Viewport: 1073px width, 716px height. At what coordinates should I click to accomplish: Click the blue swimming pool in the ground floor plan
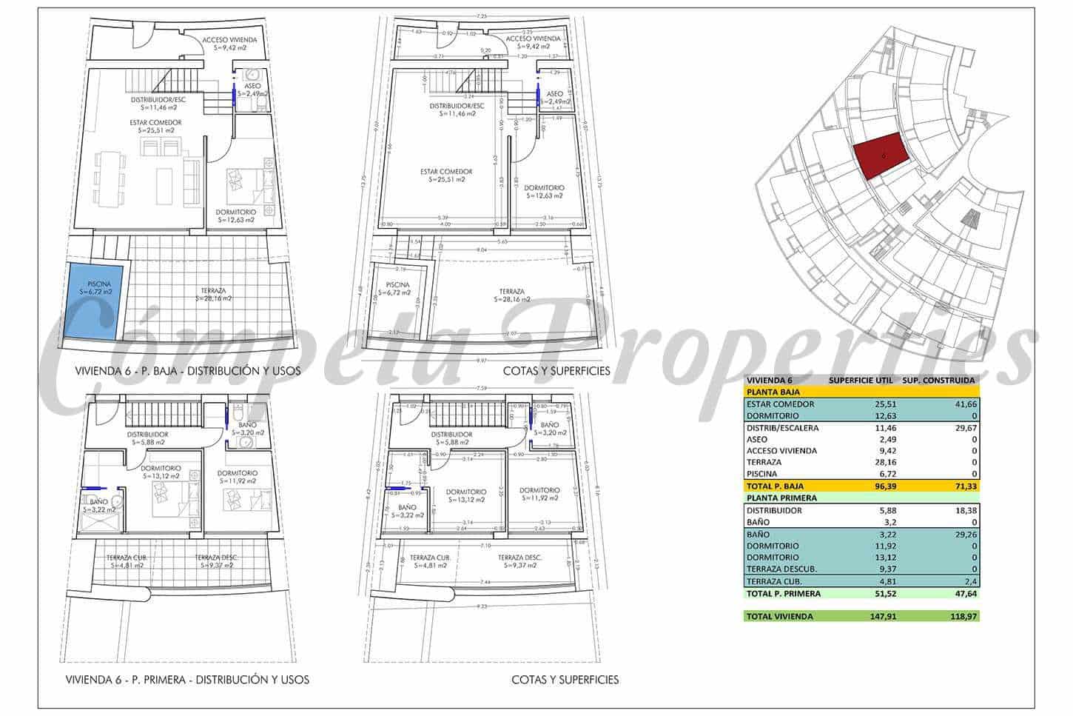coord(92,300)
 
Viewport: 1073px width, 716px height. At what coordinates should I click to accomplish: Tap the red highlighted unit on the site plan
coord(881,155)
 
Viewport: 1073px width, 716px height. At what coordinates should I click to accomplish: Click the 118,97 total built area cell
coord(960,616)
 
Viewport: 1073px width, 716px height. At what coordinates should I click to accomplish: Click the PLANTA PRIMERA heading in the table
coord(781,498)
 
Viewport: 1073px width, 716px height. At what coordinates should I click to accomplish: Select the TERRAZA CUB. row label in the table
coord(775,581)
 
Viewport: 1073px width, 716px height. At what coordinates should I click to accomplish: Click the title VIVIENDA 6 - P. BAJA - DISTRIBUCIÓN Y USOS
coord(188,370)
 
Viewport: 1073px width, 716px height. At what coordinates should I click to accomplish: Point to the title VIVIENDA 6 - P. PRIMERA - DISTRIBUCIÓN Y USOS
coord(187,679)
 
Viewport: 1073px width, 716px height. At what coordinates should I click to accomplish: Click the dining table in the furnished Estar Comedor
coord(109,178)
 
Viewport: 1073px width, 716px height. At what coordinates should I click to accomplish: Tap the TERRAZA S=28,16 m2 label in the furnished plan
coord(213,295)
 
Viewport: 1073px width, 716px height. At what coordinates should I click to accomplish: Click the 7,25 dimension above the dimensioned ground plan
coord(482,16)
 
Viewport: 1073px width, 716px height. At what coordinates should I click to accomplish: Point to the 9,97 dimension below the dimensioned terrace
coord(482,360)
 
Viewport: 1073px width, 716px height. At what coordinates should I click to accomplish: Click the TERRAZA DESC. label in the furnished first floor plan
coord(215,561)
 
